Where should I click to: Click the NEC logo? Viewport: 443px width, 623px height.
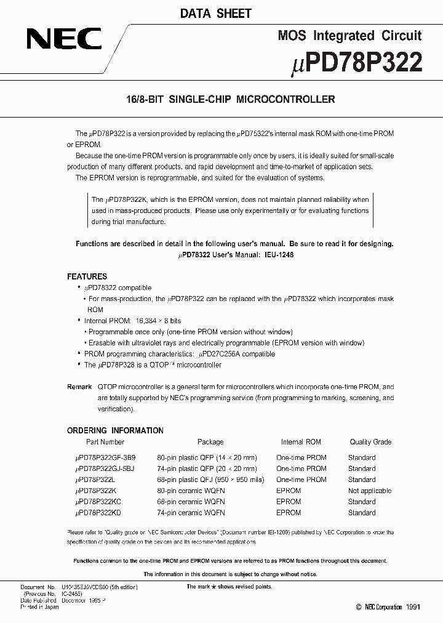[x=63, y=41]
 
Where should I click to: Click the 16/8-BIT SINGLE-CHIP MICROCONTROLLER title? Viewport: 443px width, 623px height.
[x=221, y=98]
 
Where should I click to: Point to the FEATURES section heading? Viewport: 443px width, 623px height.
[x=87, y=276]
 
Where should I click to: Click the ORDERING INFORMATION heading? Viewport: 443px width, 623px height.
[x=115, y=430]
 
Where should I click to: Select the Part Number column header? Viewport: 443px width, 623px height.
[x=105, y=442]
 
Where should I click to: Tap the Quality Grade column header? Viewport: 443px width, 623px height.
[x=370, y=442]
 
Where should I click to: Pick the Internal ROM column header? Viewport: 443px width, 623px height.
[x=301, y=442]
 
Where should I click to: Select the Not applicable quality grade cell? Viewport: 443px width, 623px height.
[x=369, y=491]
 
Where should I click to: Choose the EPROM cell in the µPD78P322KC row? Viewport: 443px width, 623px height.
[x=289, y=502]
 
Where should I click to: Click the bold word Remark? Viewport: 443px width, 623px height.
[x=79, y=387]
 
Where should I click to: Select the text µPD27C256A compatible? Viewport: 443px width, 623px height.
[x=236, y=354]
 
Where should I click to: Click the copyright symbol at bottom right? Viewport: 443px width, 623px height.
[x=359, y=607]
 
